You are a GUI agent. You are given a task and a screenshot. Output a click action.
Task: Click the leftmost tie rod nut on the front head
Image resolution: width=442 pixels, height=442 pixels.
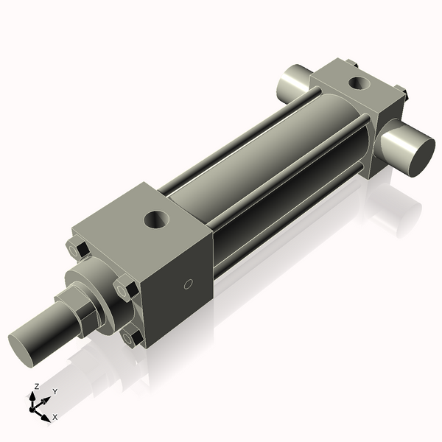click(x=77, y=250)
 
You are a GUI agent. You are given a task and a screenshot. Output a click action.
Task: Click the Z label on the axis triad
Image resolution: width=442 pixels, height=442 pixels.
click(x=37, y=386)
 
